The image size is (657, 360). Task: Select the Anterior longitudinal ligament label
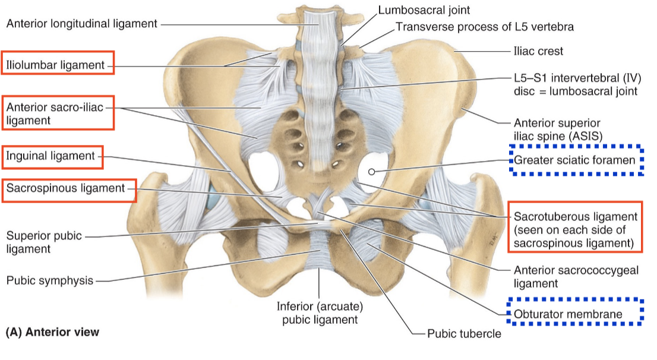point(81,24)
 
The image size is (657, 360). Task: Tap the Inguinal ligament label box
point(51,156)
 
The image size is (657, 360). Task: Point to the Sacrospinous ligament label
point(66,188)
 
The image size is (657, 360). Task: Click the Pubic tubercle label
point(464,333)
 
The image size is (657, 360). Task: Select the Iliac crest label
point(538,51)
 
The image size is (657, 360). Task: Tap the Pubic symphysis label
point(50,280)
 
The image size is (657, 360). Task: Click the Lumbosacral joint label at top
point(424,10)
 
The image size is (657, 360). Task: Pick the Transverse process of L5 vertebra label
point(484,27)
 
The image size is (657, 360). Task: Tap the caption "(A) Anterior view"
point(52,333)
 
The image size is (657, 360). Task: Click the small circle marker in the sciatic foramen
point(372,172)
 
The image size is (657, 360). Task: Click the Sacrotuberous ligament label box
point(575,229)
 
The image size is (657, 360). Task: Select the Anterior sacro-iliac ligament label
point(57,113)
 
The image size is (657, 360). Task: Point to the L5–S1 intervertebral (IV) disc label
point(575,84)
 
